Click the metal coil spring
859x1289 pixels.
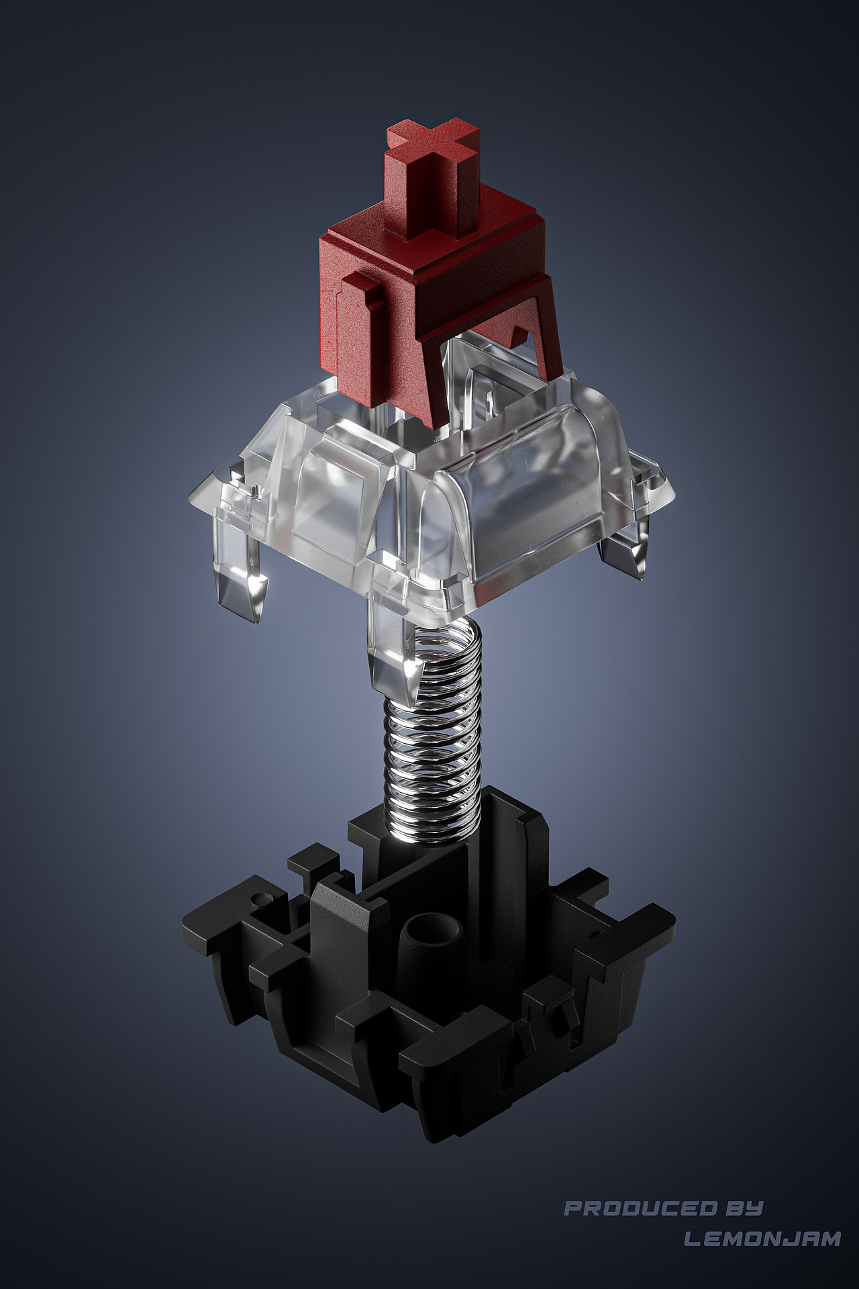coord(434,732)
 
